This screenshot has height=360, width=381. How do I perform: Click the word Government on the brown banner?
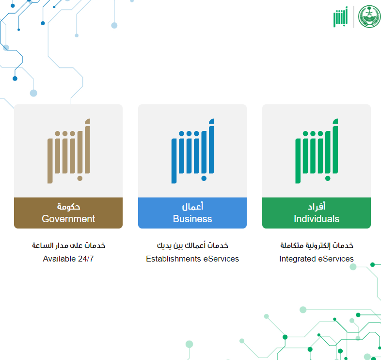[x=68, y=219]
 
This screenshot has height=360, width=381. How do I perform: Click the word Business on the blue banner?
[x=192, y=219]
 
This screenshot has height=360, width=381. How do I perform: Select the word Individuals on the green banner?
[x=317, y=219]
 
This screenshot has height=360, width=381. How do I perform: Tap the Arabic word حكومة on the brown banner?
[x=68, y=207]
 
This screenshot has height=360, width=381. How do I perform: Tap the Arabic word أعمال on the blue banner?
[x=192, y=207]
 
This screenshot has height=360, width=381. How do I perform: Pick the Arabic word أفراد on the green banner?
[x=317, y=207]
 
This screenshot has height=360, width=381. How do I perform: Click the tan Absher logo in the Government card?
[x=69, y=151]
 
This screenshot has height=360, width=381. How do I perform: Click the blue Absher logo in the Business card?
[x=193, y=151]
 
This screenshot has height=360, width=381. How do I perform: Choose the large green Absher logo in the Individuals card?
[x=317, y=151]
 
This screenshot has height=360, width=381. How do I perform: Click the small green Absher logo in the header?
[x=340, y=17]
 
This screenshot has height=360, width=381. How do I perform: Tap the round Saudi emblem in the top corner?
[x=369, y=16]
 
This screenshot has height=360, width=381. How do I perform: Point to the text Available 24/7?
[x=68, y=259]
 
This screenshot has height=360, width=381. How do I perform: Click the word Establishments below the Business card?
[x=174, y=259]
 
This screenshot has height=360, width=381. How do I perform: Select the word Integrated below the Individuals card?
[x=298, y=259]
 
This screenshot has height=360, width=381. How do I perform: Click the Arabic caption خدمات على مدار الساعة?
[x=68, y=245]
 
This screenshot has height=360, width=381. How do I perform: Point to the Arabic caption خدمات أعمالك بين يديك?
[x=192, y=245]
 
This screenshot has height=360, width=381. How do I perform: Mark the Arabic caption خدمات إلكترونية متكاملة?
[x=317, y=245]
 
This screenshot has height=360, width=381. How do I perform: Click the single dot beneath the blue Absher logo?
[x=204, y=179]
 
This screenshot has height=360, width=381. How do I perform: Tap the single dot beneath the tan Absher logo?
[x=80, y=179]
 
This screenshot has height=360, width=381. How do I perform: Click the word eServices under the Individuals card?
[x=336, y=259]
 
